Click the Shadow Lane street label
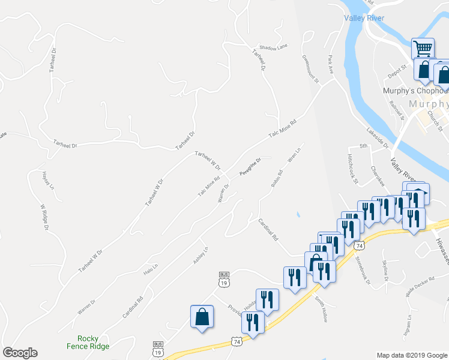click(274, 46)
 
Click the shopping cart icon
click(423, 48)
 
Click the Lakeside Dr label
click(378, 138)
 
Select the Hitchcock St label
click(352, 169)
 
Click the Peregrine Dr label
click(250, 166)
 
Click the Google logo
click(20, 353)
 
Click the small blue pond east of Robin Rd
click(298, 214)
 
